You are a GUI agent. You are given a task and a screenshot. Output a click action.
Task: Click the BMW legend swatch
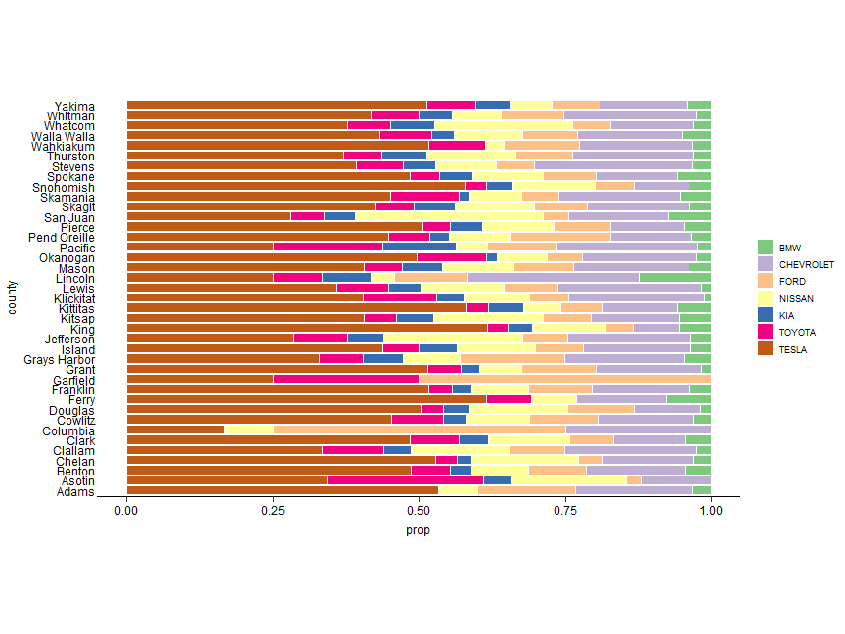coord(765,248)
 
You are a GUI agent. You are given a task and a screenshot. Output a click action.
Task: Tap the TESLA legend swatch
coord(765,348)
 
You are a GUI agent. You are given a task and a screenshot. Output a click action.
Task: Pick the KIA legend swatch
coord(765,315)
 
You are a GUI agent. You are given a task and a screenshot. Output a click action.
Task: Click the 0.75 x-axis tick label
coord(564,511)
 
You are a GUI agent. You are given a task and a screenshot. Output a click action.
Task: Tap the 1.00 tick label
coord(711,511)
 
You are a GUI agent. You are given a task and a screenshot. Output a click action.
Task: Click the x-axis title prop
coord(418,531)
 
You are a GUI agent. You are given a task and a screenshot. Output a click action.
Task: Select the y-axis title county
coord(11,296)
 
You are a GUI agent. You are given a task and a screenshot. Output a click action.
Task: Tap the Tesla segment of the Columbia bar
coord(175,430)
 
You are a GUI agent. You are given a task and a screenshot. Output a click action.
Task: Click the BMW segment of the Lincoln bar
coord(675,278)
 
